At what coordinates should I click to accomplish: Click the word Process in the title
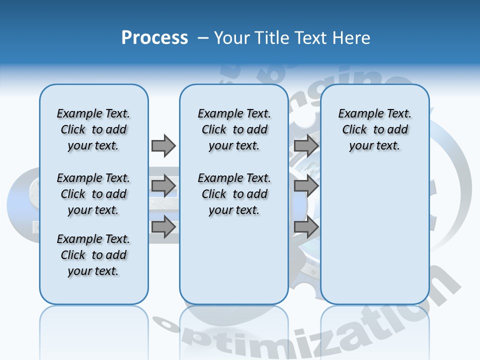pos(154,38)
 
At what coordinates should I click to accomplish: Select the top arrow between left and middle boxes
pos(163,145)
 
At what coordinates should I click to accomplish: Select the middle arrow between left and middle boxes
pos(163,186)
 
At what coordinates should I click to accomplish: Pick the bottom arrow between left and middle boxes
pos(163,226)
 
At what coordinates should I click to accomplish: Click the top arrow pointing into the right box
pos(306,145)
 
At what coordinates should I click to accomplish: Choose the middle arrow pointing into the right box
pos(306,186)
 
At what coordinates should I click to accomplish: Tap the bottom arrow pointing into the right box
pos(306,226)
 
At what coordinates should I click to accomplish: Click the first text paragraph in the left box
pos(93,129)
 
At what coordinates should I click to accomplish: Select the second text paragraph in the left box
pos(93,194)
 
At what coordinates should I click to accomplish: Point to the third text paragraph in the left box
pos(93,255)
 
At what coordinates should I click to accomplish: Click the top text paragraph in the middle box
pos(234,129)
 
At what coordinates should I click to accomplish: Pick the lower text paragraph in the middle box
pos(234,194)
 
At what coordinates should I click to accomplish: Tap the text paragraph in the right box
pos(374,129)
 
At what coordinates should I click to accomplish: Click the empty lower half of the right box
pos(374,240)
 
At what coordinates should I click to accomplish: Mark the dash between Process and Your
pos(203,38)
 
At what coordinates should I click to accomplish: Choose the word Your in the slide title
pos(232,38)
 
